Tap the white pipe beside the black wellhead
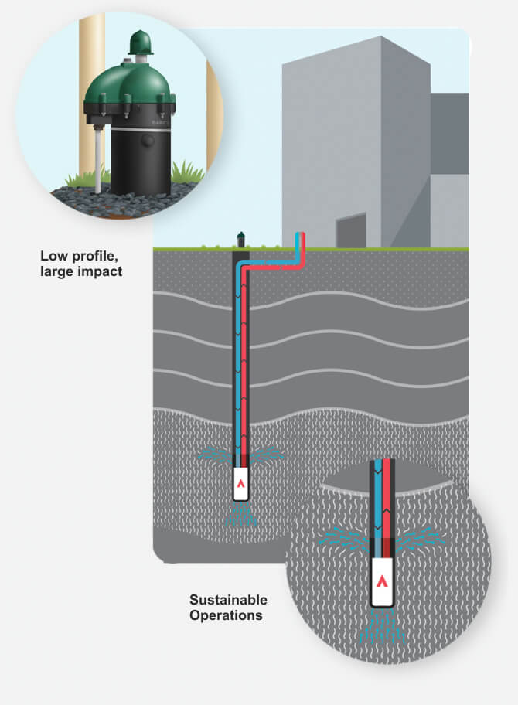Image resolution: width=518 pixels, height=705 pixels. (100, 159)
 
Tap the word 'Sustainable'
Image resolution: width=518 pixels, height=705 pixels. (229, 600)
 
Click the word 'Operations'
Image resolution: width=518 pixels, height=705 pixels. (226, 615)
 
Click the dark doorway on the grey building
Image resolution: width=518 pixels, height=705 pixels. (351, 230)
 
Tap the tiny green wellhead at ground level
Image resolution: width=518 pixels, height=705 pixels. (240, 237)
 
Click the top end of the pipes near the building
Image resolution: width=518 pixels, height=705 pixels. (299, 237)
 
